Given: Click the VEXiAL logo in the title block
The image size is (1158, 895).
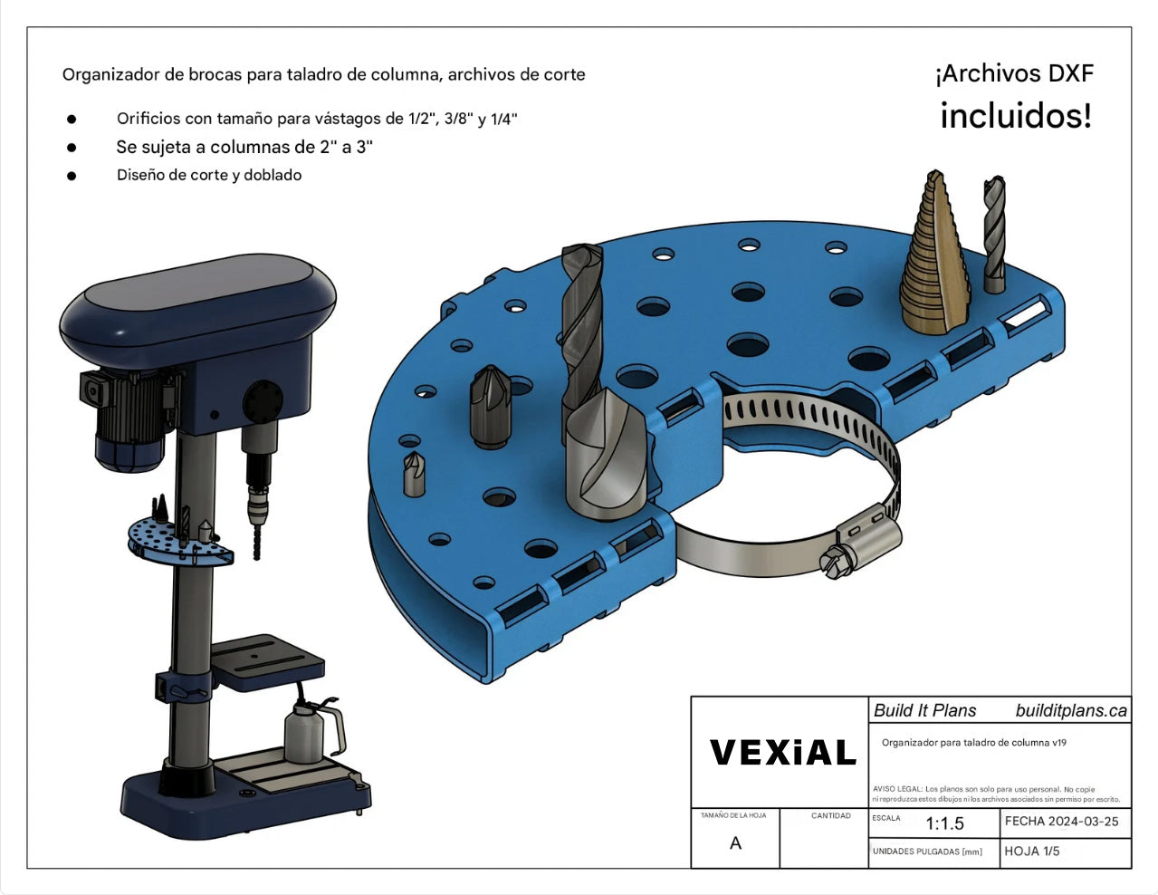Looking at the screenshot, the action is [782, 752].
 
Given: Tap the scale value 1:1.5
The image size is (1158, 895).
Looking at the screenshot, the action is [944, 823].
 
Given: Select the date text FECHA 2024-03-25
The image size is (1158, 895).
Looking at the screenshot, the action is [1061, 822].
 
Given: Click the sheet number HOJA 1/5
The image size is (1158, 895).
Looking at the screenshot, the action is [1032, 852].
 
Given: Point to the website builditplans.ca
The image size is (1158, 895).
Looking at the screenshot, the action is [1071, 710].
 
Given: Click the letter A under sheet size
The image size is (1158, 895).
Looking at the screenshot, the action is [735, 843].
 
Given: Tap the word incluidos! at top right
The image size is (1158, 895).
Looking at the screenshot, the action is [1016, 116].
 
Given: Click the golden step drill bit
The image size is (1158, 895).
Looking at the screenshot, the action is [934, 254].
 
